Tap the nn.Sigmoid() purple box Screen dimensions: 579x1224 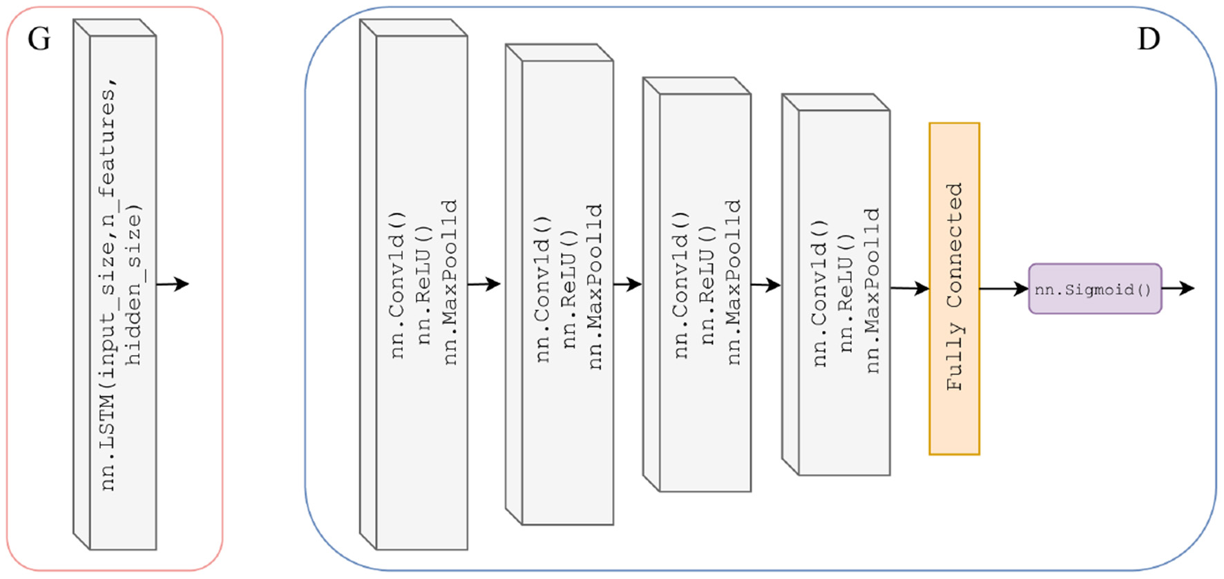[x=1094, y=289]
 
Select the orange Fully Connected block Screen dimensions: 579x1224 [x=954, y=289]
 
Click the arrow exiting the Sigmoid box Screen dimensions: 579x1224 [x=1178, y=288]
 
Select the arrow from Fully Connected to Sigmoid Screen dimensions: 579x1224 [x=1004, y=289]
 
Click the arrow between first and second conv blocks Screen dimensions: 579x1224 [x=484, y=284]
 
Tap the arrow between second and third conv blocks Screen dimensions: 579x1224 [x=627, y=284]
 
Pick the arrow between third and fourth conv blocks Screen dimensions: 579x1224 [x=765, y=285]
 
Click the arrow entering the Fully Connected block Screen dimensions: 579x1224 [x=910, y=288]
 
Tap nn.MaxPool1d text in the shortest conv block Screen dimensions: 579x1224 [x=872, y=290]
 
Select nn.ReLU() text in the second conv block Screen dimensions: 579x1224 [x=568, y=298]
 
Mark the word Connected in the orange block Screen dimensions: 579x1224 [x=954, y=245]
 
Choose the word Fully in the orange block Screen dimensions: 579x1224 [x=954, y=357]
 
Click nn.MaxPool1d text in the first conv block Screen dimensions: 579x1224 [x=450, y=282]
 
